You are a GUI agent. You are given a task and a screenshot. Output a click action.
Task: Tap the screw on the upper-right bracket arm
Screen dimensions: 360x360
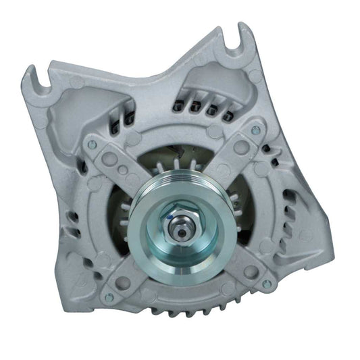point(256,130)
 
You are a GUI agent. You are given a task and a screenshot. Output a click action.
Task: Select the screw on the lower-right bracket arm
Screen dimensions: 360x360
point(265,284)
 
